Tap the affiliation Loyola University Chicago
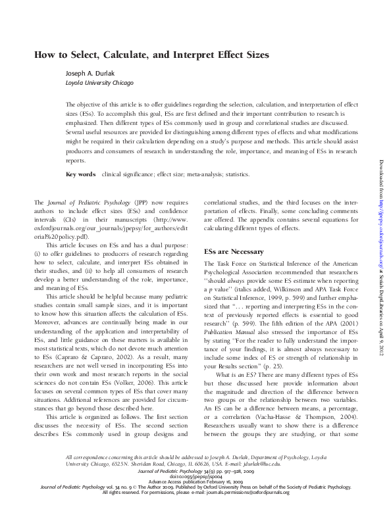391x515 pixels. click(x=99, y=84)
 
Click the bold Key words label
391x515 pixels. click(x=81, y=175)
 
